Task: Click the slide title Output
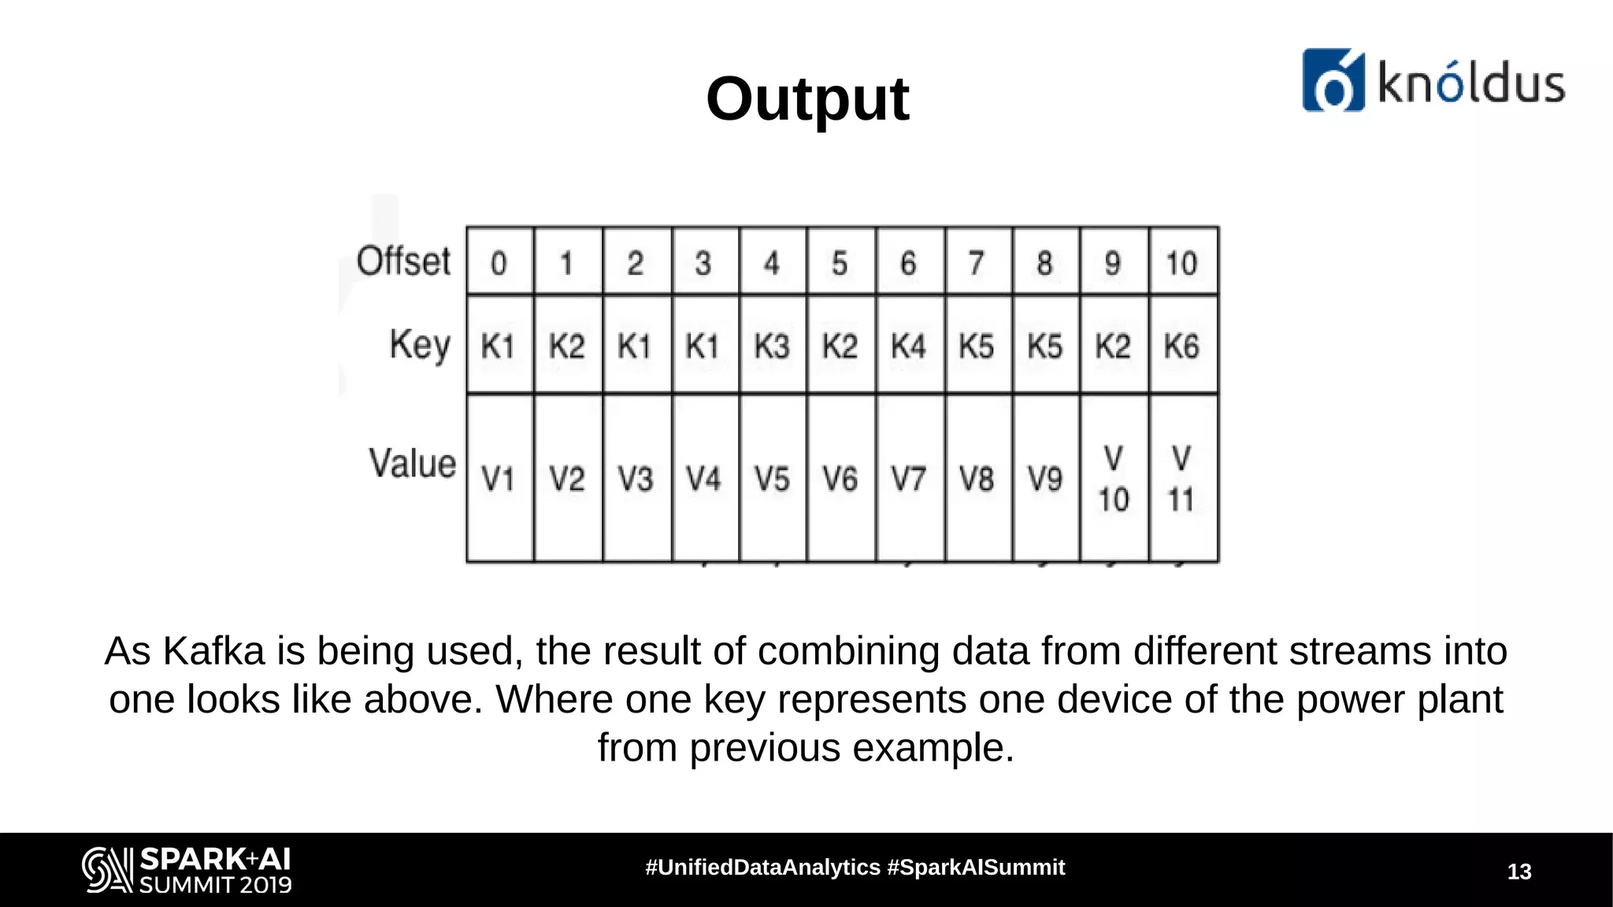coord(807,99)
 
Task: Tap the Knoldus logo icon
coord(1333,80)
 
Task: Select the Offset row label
coord(403,261)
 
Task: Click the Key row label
coord(420,345)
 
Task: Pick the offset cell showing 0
coord(499,263)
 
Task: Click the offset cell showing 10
coord(1181,263)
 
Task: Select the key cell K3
coord(772,346)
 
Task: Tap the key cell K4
coord(908,346)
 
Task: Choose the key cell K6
coord(1181,346)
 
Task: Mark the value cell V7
coord(908,478)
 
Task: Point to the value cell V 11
coord(1181,478)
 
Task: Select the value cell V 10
coord(1113,478)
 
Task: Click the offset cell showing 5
coord(840,263)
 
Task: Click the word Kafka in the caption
coord(213,652)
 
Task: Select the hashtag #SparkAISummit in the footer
coord(976,868)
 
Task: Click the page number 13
coord(1519,872)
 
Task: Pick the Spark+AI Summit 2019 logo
coord(187,869)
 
